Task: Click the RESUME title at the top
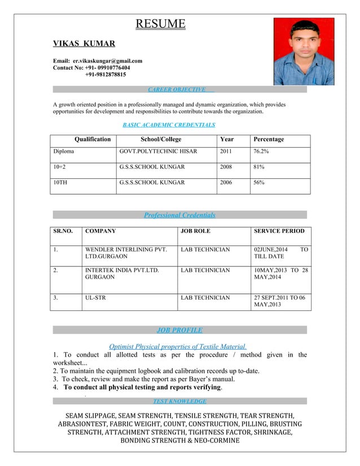click(160, 24)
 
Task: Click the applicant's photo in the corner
click(304, 51)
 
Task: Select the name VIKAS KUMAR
click(84, 43)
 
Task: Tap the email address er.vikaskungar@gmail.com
click(107, 60)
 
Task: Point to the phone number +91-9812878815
click(106, 74)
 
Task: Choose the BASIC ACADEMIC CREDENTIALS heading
click(169, 125)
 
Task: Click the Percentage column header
click(269, 139)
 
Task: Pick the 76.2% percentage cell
click(261, 152)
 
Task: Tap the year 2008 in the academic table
click(226, 167)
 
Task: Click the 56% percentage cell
click(259, 183)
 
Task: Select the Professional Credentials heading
click(179, 215)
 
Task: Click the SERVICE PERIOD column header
click(279, 231)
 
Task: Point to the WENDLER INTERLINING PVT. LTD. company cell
click(126, 252)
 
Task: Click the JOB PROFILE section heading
click(179, 330)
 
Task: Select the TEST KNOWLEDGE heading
click(179, 401)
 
